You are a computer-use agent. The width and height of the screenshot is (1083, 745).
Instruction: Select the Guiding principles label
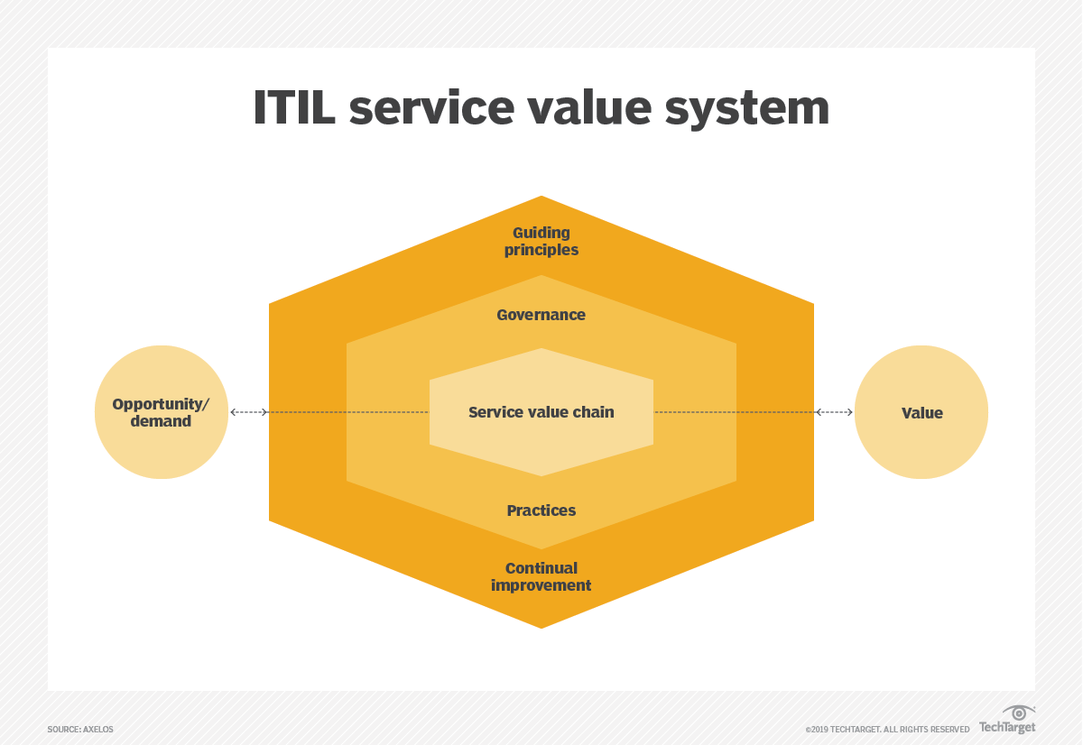tap(541, 242)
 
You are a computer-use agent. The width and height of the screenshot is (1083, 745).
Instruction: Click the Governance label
tap(541, 315)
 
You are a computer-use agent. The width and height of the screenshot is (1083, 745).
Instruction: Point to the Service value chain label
tap(541, 412)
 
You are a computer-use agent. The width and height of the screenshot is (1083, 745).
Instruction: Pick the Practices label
tap(541, 510)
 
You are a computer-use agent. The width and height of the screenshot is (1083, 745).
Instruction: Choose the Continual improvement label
tap(541, 576)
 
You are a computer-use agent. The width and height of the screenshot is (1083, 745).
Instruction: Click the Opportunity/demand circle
tap(162, 412)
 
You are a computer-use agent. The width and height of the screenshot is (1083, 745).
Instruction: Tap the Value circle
tap(921, 412)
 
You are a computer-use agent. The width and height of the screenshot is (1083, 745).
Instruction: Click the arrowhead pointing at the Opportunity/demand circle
tap(234, 412)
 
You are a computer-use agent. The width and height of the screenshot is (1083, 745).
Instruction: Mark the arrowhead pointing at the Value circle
tap(848, 412)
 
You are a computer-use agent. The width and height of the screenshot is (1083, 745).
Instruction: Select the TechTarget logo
tap(1007, 728)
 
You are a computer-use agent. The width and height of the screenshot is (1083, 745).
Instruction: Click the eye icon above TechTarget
tap(1019, 713)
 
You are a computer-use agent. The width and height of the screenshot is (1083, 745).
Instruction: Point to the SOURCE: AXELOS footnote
tap(80, 729)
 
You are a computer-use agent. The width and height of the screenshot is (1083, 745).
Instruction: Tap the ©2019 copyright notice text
tap(888, 729)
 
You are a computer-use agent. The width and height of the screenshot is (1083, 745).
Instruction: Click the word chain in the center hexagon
tap(595, 412)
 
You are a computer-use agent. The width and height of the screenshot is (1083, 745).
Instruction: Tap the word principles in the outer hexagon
tap(541, 250)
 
